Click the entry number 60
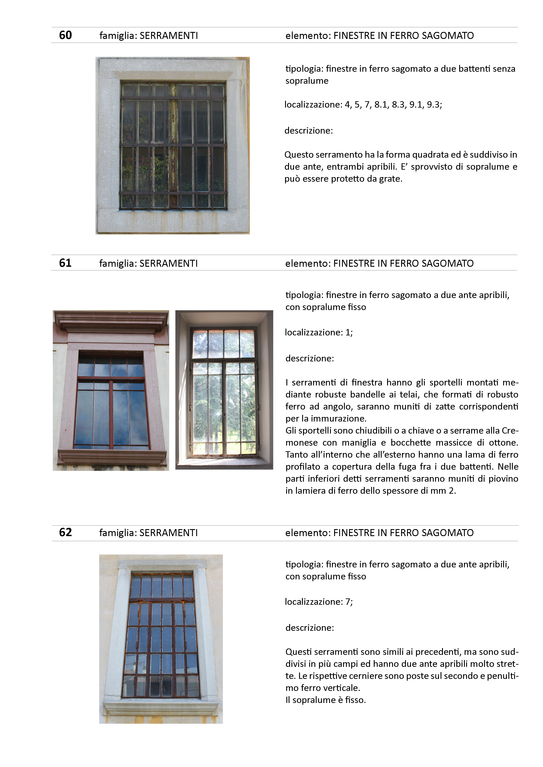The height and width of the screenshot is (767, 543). [x=65, y=35]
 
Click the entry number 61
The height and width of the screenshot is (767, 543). [x=65, y=263]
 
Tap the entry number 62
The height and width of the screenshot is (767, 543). [x=65, y=532]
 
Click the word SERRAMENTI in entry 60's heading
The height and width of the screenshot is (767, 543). [x=169, y=35]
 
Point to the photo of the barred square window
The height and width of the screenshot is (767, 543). [x=173, y=145]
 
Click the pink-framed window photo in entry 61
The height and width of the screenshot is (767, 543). [x=111, y=390]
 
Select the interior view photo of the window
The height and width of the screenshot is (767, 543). [x=224, y=390]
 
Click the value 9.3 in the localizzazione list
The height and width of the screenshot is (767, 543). [x=434, y=105]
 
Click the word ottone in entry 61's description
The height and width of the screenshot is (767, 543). [x=504, y=443]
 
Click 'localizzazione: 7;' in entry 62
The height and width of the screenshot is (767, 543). [x=319, y=602]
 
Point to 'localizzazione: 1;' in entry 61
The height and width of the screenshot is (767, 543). [x=319, y=332]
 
